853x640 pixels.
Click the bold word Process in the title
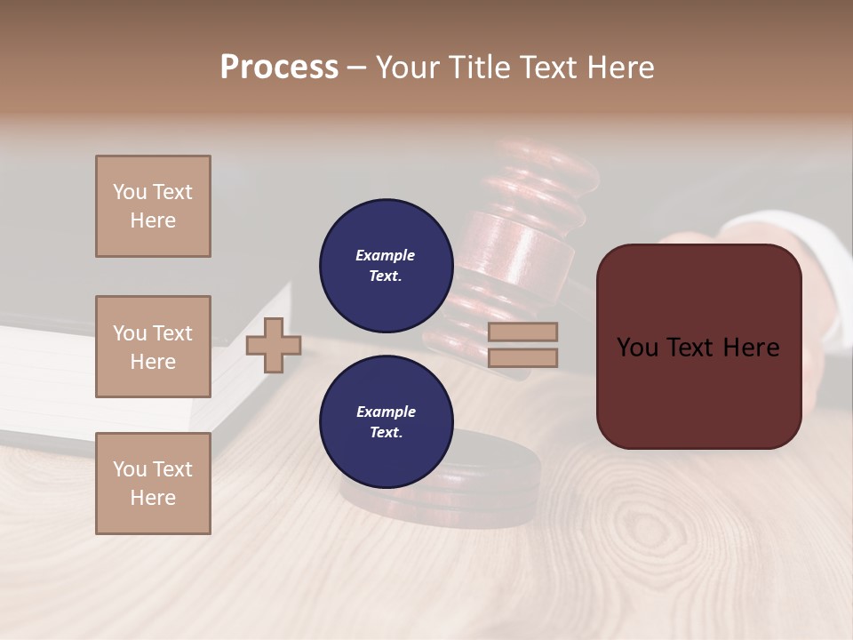[x=279, y=68]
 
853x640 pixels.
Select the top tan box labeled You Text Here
[x=153, y=206]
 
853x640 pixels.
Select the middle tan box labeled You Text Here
[x=153, y=347]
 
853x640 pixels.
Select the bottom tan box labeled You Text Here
[x=153, y=484]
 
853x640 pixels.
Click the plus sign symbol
[x=274, y=345]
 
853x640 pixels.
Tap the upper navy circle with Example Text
[x=387, y=265]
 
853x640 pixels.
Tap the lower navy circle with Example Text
[x=387, y=421]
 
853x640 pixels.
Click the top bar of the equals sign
[x=522, y=332]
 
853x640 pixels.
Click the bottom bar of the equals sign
[x=522, y=357]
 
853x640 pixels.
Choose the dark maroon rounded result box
[x=698, y=347]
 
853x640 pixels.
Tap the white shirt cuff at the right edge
[x=817, y=267]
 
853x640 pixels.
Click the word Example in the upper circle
[x=385, y=255]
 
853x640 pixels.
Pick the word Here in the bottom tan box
[x=153, y=498]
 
